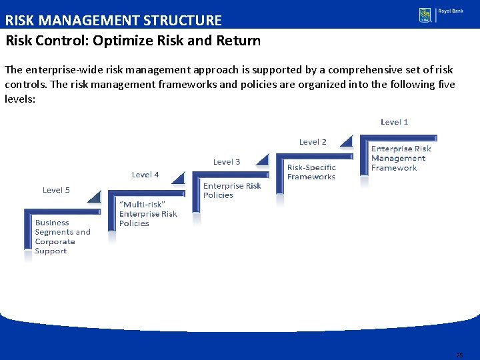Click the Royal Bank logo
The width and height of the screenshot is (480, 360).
pyautogui.click(x=441, y=15)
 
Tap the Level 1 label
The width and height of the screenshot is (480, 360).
pyautogui.click(x=394, y=122)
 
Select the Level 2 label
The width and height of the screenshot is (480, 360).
pyautogui.click(x=313, y=142)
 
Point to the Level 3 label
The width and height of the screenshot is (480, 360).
pyautogui.click(x=227, y=162)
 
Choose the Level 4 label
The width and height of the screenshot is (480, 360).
pyautogui.click(x=145, y=175)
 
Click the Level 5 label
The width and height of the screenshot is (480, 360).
pyautogui.click(x=56, y=190)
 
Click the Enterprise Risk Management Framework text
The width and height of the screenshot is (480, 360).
pyautogui.click(x=401, y=159)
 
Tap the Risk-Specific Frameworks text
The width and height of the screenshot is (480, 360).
pyautogui.click(x=311, y=172)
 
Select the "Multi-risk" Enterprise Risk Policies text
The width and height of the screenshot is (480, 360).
pyautogui.click(x=148, y=214)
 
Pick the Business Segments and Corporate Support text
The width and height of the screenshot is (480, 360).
pyautogui.click(x=63, y=237)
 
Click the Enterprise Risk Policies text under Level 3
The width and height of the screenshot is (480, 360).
pyautogui.click(x=232, y=191)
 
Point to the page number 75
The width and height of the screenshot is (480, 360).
pyautogui.click(x=459, y=355)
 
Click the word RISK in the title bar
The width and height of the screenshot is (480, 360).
pyautogui.click(x=20, y=21)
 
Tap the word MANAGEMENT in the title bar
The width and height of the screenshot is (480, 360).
pyautogui.click(x=89, y=21)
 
